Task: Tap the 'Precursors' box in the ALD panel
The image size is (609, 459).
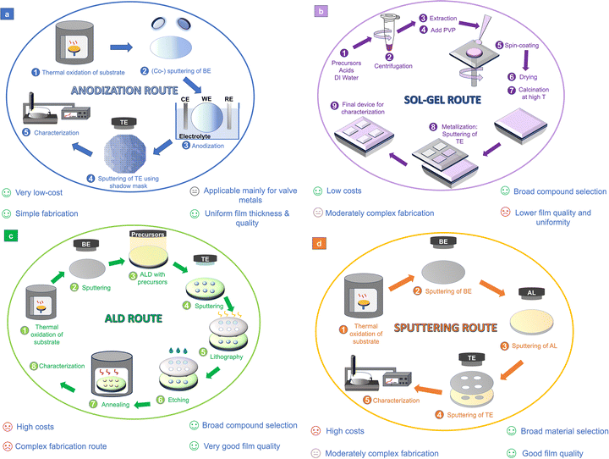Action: point(146,233)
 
